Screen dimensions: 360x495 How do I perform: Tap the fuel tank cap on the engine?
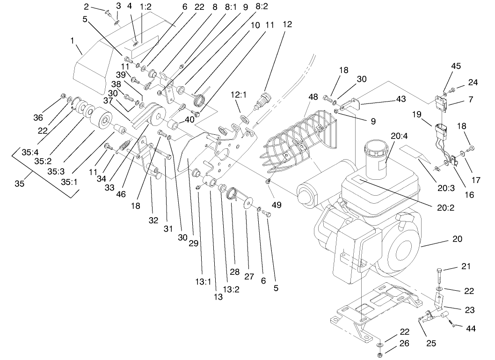[x=376, y=149]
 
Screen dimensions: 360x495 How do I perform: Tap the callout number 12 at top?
[x=287, y=24]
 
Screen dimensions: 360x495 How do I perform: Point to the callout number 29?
[x=192, y=243]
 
